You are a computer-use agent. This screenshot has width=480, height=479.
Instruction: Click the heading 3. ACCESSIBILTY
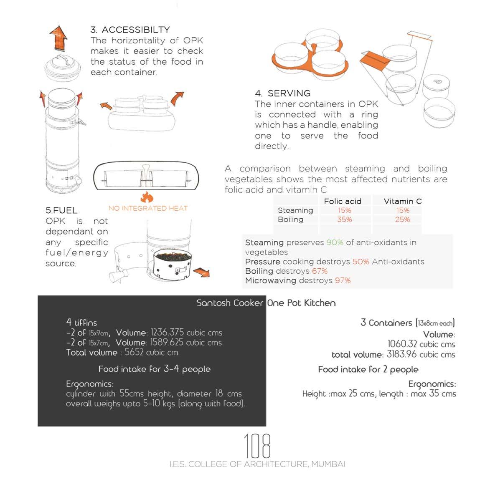click(x=130, y=30)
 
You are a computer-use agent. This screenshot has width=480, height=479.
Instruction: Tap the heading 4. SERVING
click(x=282, y=93)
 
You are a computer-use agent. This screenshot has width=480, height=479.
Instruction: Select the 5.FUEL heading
click(x=61, y=210)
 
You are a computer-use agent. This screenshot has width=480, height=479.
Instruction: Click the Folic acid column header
click(x=343, y=202)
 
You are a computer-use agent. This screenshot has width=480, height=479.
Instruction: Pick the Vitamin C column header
click(x=403, y=202)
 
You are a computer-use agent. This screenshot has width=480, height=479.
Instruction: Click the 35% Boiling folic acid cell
click(x=344, y=219)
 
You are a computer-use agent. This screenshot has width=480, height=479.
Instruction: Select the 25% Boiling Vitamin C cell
click(x=402, y=219)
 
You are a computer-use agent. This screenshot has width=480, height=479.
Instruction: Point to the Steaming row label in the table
click(x=295, y=211)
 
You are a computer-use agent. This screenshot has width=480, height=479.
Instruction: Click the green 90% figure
click(x=335, y=243)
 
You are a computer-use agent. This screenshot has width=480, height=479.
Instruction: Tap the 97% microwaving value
click(x=343, y=281)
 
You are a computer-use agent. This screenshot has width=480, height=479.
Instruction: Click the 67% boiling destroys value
click(x=320, y=271)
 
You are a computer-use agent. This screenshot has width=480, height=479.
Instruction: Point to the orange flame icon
click(x=147, y=197)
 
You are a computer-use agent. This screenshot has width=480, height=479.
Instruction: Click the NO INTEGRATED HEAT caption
click(x=148, y=209)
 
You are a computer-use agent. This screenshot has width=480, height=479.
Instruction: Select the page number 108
click(x=257, y=446)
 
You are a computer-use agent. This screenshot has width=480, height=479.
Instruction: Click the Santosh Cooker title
click(x=230, y=303)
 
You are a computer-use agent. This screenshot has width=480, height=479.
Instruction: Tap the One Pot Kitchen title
click(x=301, y=303)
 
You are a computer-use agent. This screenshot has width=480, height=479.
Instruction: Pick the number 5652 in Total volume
click(x=134, y=352)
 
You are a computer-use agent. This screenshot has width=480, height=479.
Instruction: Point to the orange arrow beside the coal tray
click(x=202, y=272)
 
